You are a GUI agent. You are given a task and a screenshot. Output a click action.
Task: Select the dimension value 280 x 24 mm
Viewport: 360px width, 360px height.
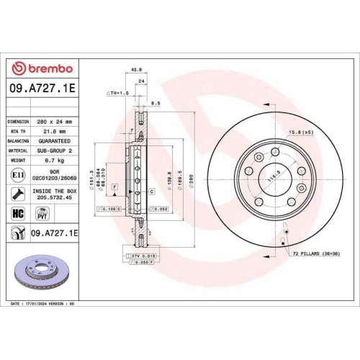click(55, 122)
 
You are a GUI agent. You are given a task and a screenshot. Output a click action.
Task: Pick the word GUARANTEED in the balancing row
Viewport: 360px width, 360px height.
click(57, 141)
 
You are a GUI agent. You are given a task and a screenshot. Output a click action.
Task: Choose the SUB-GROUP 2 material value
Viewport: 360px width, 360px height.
click(56, 150)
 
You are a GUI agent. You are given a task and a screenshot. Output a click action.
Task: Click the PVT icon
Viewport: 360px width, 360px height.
click(41, 212)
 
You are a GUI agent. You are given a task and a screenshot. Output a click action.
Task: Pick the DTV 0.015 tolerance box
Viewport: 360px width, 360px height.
click(143, 256)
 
